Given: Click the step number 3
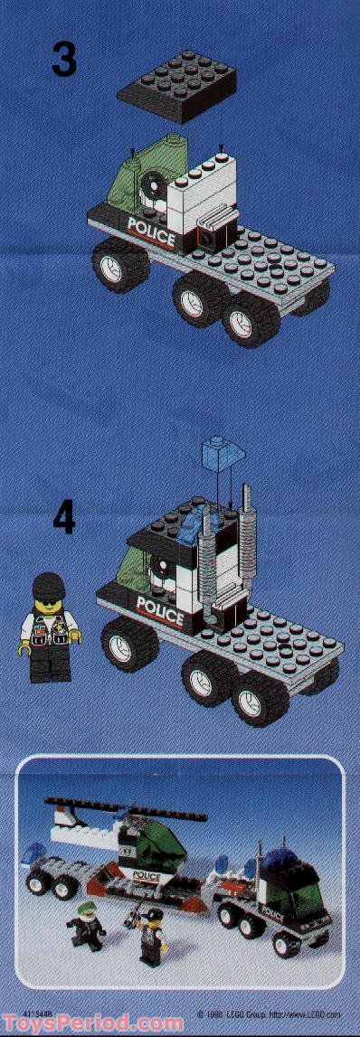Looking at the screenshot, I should pos(63,58).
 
